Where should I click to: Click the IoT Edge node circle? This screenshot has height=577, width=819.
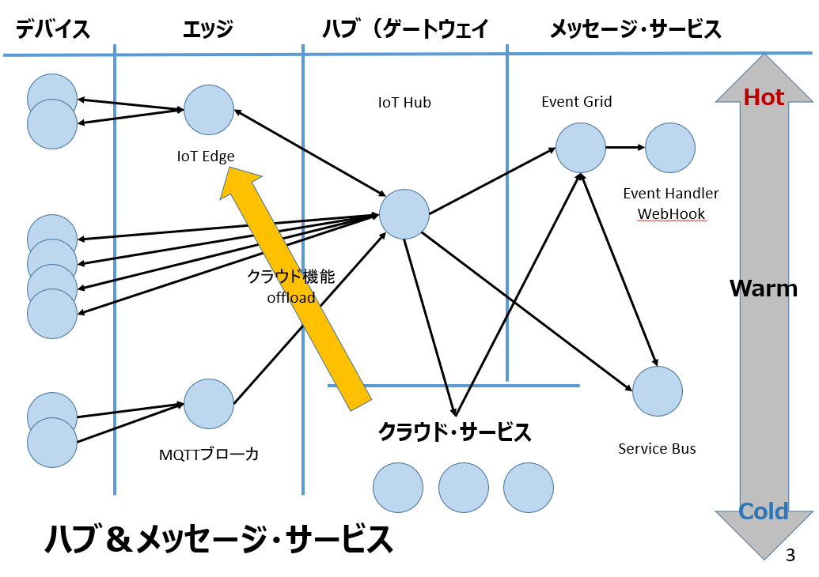(209, 111)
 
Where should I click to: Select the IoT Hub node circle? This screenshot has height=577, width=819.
(404, 214)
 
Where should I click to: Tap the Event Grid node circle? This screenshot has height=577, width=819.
(581, 148)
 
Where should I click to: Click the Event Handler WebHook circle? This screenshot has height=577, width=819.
(670, 148)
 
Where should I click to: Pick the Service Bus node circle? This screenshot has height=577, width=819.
(658, 390)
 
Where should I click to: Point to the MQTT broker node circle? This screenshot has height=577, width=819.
(209, 404)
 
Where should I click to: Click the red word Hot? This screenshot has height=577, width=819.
(764, 97)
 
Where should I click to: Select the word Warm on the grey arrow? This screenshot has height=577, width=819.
(763, 288)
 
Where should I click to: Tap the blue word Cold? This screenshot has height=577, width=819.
(764, 511)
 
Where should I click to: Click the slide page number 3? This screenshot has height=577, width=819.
(790, 555)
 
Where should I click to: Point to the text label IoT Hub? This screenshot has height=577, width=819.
(404, 103)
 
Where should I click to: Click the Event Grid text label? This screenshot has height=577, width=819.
(577, 101)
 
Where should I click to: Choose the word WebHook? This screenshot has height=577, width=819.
(671, 213)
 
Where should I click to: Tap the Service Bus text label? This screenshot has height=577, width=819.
(657, 448)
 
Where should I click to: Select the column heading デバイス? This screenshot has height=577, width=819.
(53, 30)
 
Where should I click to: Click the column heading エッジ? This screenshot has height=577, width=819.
(207, 30)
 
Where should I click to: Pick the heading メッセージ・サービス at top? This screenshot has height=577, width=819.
(635, 30)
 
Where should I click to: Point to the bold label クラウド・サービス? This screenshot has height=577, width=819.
(454, 432)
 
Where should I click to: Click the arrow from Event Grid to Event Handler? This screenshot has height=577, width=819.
(625, 147)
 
